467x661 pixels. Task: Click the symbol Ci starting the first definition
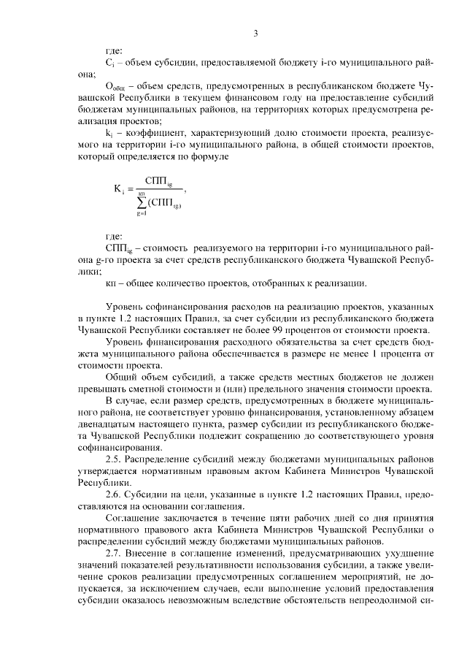tap(109, 64)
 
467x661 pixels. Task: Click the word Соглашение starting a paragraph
tap(131, 520)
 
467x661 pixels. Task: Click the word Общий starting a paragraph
tap(121, 378)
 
